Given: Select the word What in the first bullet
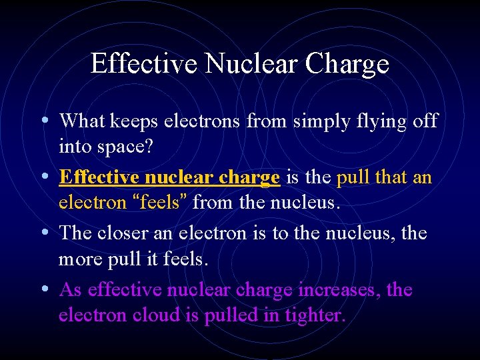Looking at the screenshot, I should (x=81, y=121).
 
